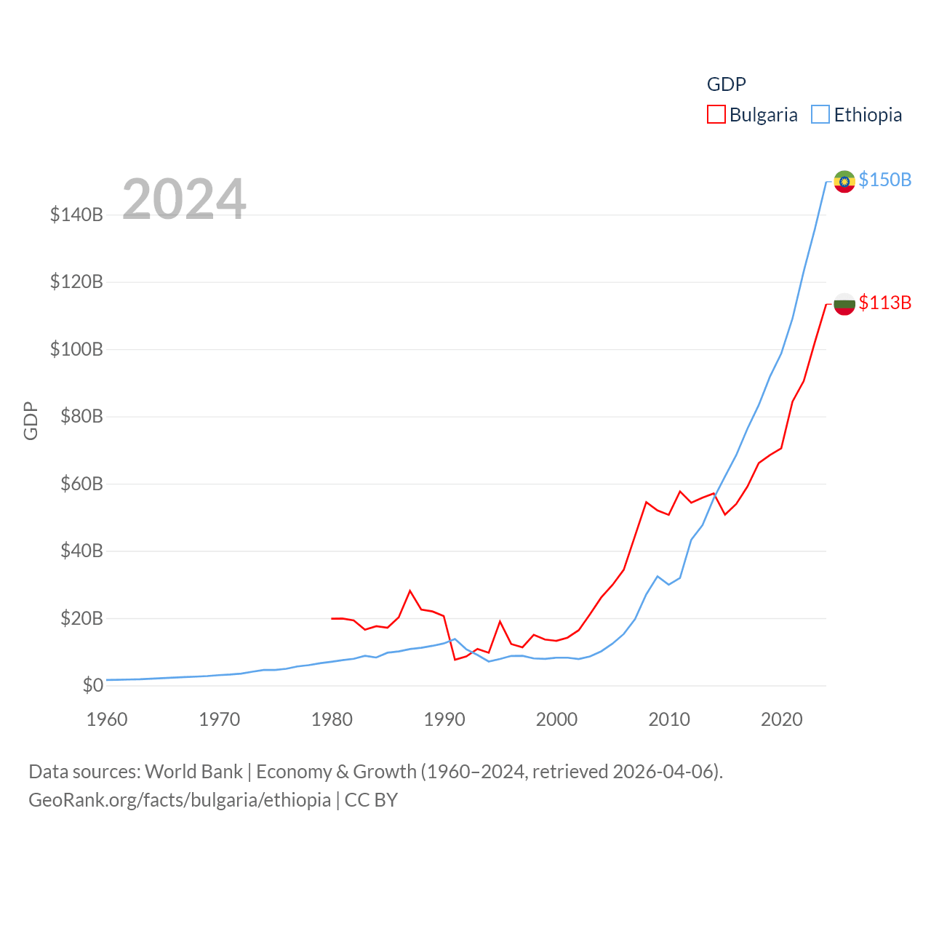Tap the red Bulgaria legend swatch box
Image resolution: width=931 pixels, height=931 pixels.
(x=716, y=115)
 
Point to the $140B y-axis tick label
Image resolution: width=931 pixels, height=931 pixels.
(x=76, y=215)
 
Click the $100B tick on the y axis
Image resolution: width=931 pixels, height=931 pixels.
(x=76, y=349)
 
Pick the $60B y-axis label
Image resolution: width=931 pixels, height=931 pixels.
(x=81, y=484)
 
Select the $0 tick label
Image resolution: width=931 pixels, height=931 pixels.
(x=92, y=685)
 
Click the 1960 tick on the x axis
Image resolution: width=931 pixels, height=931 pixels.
(x=107, y=719)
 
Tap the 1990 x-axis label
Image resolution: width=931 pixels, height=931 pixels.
(x=444, y=719)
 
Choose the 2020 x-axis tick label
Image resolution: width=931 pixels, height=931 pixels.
(x=781, y=719)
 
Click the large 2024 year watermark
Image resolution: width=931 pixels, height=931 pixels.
(x=184, y=199)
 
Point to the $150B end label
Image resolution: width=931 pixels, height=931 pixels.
(x=884, y=180)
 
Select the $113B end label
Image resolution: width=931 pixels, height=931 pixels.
(x=884, y=303)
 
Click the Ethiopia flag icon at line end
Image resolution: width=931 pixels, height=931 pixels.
(x=844, y=181)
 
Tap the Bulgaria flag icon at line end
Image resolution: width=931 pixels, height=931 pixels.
(x=844, y=304)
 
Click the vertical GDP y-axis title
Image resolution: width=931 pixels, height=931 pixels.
(x=31, y=420)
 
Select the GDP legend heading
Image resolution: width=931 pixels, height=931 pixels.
(x=726, y=84)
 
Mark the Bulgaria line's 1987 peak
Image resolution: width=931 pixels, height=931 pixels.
(x=410, y=591)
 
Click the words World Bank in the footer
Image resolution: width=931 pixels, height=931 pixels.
(x=194, y=771)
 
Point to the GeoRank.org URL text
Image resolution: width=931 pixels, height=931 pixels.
(x=180, y=800)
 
